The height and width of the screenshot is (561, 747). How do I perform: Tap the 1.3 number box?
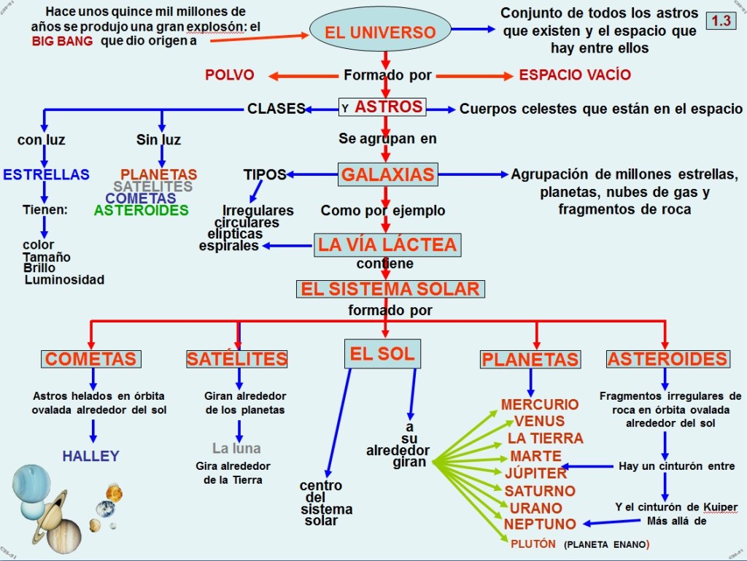coord(721,20)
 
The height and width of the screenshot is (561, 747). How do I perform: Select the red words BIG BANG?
coord(63,42)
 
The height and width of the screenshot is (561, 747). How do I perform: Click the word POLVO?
coord(229,75)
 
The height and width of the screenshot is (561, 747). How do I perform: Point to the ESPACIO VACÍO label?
coord(575,75)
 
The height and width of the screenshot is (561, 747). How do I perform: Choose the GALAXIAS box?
coord(388,174)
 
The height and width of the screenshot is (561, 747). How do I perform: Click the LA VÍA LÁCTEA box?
coord(387,244)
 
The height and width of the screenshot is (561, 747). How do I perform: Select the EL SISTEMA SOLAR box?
coord(390,289)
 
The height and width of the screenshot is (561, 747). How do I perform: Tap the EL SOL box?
coord(382,355)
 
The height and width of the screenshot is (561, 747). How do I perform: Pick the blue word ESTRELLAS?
coord(47,174)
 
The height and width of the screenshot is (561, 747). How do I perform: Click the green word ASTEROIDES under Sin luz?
coord(141,210)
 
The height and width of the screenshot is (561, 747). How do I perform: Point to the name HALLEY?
coord(90,456)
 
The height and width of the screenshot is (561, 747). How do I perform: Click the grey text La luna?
coord(236,448)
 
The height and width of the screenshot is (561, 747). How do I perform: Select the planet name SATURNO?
coord(540,490)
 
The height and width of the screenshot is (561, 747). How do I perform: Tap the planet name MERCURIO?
coord(540,404)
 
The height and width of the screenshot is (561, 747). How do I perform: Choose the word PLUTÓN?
coord(533,543)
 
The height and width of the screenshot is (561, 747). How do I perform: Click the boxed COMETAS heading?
coord(91,359)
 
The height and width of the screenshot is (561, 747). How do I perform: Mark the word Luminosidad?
coord(64,279)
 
